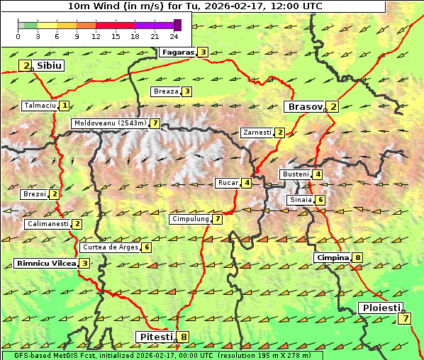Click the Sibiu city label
coord(50,65)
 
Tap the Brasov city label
coord(304,107)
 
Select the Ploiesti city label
coord(381,308)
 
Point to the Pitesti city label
coord(155,337)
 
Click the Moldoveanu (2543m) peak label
coord(110,123)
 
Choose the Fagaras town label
coord(177,52)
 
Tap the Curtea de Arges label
coord(110,247)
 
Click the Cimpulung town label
coord(190,220)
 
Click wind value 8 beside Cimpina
coord(358,258)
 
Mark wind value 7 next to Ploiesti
coord(404,318)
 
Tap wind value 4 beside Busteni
coord(318,174)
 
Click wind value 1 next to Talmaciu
coord(65,106)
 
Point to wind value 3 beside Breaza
coord(186,91)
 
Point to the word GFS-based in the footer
coord(26,355)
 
